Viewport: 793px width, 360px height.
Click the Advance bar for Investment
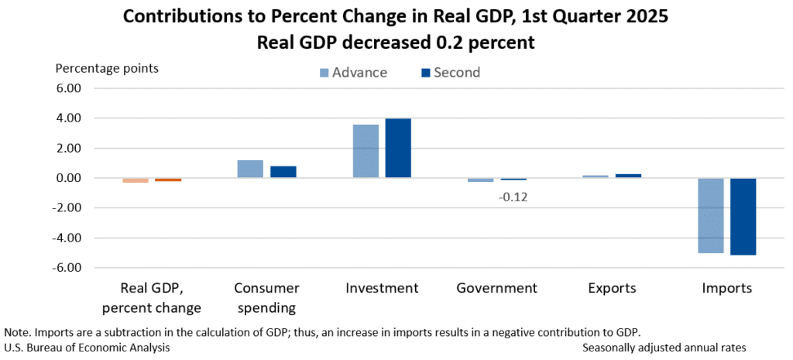pyautogui.click(x=366, y=151)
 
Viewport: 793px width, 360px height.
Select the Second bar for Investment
pyautogui.click(x=398, y=148)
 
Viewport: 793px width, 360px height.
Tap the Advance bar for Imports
pyautogui.click(x=710, y=215)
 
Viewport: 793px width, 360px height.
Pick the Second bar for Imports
pyautogui.click(x=743, y=217)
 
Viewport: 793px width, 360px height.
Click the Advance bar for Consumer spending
pyautogui.click(x=250, y=169)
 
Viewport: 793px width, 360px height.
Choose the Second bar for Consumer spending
pyautogui.click(x=283, y=172)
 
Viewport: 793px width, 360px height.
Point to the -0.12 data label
pyautogui.click(x=513, y=197)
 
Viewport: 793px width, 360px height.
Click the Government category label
pyautogui.click(x=496, y=288)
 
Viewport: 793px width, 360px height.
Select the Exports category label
pyautogui.click(x=611, y=288)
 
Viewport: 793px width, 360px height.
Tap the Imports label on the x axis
pyautogui.click(x=726, y=288)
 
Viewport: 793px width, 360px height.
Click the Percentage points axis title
pyautogui.click(x=107, y=68)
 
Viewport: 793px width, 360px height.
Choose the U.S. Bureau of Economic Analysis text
pyautogui.click(x=87, y=348)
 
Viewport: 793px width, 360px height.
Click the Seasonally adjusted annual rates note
pyautogui.click(x=664, y=348)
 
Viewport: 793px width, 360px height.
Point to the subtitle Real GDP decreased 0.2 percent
pyautogui.click(x=396, y=43)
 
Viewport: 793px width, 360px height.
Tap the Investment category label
pyautogui.click(x=382, y=288)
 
